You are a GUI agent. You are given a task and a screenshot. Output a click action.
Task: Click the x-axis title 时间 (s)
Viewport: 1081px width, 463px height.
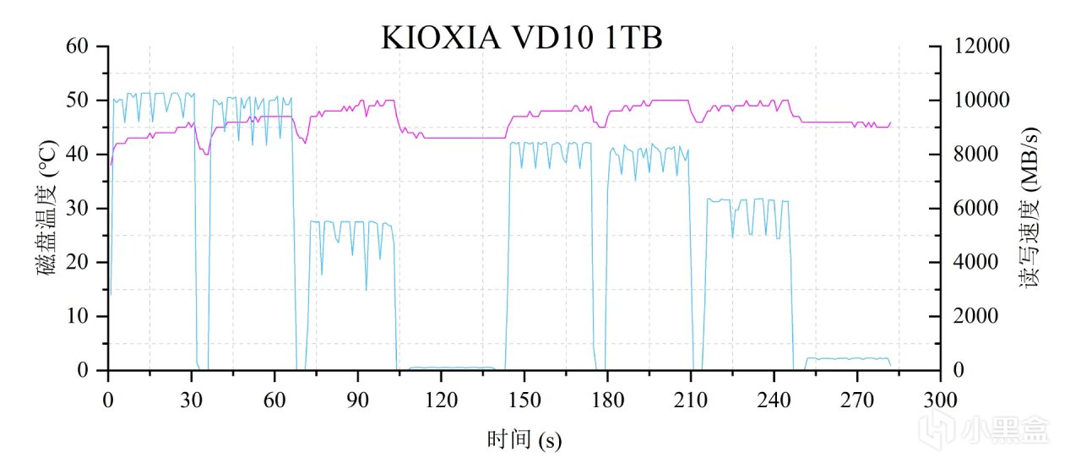coord(524,439)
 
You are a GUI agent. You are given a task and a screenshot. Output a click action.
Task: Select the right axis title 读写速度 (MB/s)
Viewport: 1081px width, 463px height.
coord(1029,207)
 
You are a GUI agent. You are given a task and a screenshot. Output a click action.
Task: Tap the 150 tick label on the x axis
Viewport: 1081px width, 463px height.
coord(524,400)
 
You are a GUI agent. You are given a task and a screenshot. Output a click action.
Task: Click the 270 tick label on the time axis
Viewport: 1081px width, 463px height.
coord(857,400)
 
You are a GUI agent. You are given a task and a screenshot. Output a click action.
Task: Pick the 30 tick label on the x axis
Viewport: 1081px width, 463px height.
coord(192,400)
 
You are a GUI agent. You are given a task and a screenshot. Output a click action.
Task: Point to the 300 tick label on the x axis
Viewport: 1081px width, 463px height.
coord(940,400)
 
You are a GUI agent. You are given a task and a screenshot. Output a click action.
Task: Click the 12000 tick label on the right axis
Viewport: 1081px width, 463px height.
coord(980,46)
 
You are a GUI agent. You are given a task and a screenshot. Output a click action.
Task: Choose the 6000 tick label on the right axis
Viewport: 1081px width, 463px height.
coord(975,209)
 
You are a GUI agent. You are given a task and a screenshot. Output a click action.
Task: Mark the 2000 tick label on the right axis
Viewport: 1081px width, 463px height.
coord(975,316)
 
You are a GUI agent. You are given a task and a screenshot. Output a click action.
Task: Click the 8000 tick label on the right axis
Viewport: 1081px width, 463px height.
coord(975,155)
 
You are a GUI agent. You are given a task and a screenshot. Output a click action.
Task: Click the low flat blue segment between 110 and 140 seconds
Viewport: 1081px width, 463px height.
coord(452,368)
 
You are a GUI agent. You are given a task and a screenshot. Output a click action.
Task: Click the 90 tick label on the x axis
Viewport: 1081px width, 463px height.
coord(358,400)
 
